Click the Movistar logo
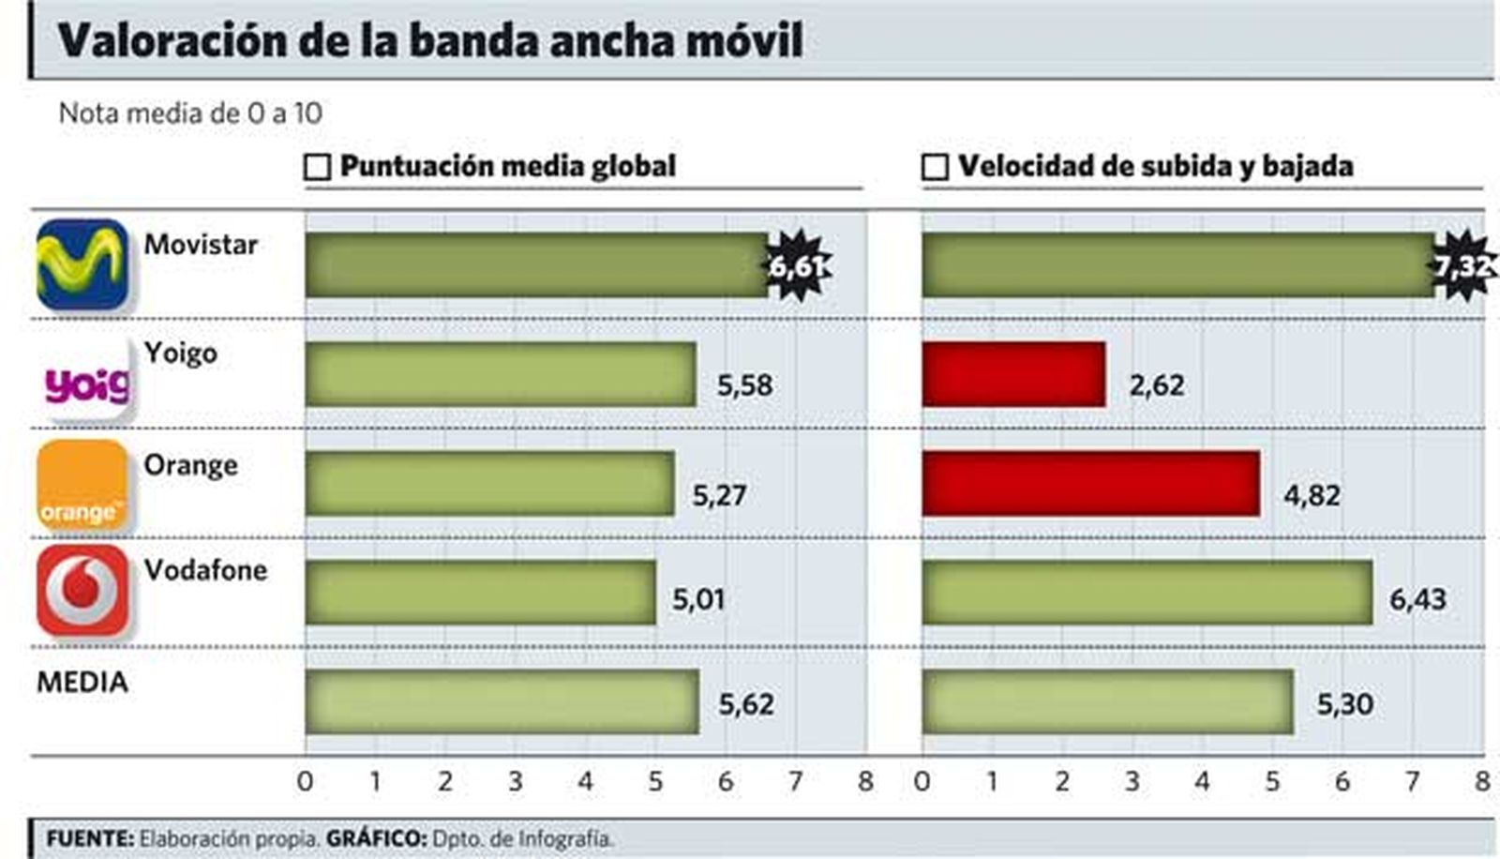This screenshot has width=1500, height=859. point(82,264)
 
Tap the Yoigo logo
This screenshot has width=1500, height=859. point(86,381)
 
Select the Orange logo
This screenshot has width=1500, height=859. point(82,485)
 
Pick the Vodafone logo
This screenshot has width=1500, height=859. point(82,591)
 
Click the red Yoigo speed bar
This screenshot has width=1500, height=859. point(1013,374)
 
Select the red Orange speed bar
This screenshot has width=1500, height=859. point(1090,483)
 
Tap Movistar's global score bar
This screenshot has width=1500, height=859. point(536,265)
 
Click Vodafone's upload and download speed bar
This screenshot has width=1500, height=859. point(1147,592)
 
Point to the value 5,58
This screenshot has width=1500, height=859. point(745,384)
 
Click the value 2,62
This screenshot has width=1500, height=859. point(1157,384)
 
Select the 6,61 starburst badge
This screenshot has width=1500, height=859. point(797,267)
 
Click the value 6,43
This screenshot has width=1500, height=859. point(1417,598)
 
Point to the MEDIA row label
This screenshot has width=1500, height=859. point(82,682)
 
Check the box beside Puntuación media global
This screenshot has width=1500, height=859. point(318,167)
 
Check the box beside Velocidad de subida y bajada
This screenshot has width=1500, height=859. point(935,167)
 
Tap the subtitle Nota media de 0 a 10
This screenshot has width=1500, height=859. point(190,113)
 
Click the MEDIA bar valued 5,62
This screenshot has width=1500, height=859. point(502,701)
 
